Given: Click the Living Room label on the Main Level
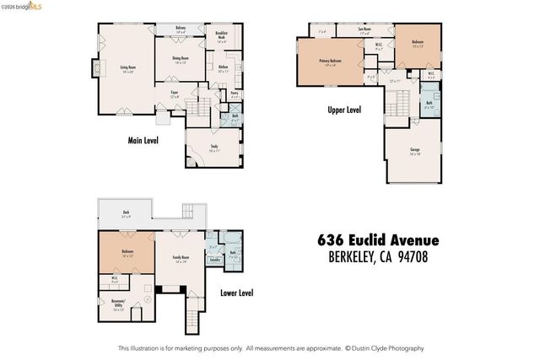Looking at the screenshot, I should (x=127, y=67).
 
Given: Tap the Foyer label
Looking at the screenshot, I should (x=174, y=94).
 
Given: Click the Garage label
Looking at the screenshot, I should (x=415, y=153).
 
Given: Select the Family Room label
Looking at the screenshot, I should (x=181, y=259).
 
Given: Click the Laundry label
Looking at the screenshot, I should (x=214, y=260).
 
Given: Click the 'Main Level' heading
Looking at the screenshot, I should (x=144, y=142).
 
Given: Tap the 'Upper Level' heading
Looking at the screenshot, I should (x=345, y=110).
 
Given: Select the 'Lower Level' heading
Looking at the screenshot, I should (x=236, y=293).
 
